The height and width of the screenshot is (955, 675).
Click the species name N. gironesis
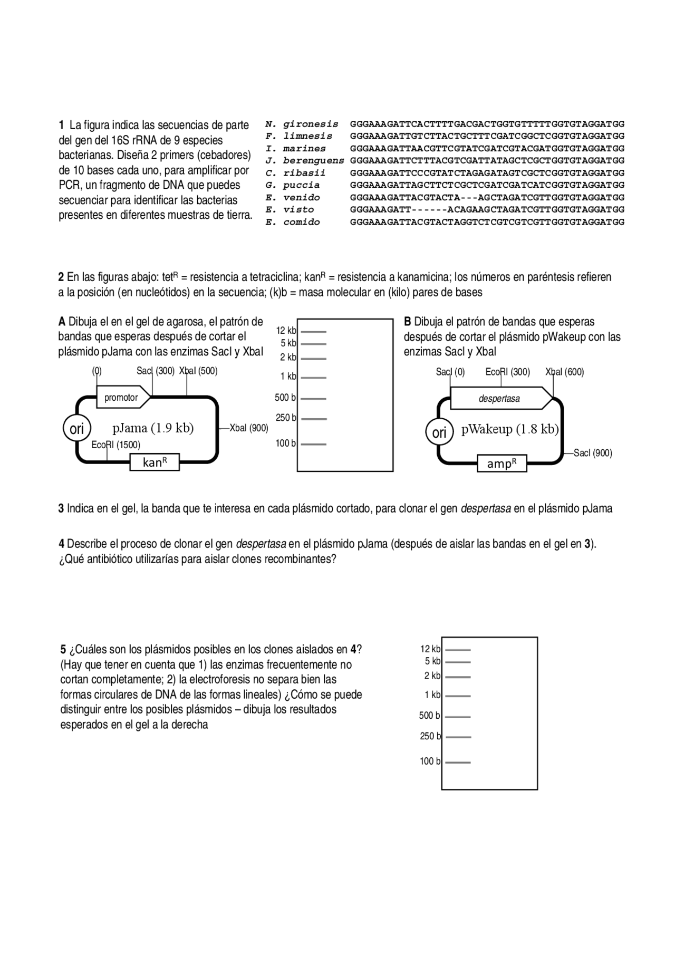[302, 124]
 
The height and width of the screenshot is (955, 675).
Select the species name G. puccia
[293, 186]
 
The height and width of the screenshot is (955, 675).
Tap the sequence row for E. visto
[487, 210]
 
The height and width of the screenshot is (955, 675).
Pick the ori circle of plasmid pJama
[77, 429]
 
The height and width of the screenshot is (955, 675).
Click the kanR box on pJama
[155, 462]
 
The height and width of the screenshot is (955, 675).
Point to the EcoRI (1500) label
[115, 445]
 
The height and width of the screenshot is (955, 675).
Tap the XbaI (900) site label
[248, 428]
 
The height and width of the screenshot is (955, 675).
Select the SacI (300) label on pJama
[155, 371]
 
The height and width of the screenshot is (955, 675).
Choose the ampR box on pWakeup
[502, 464]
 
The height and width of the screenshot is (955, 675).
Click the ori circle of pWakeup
[439, 433]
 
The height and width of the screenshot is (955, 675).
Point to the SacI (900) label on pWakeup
[593, 454]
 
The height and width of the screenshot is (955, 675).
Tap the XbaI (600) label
[564, 372]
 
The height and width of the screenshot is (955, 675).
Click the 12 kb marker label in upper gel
[286, 331]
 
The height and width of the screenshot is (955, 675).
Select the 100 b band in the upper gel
[314, 445]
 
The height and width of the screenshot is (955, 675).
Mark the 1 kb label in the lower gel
[432, 695]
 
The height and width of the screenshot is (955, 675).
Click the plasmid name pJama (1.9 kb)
[153, 428]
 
